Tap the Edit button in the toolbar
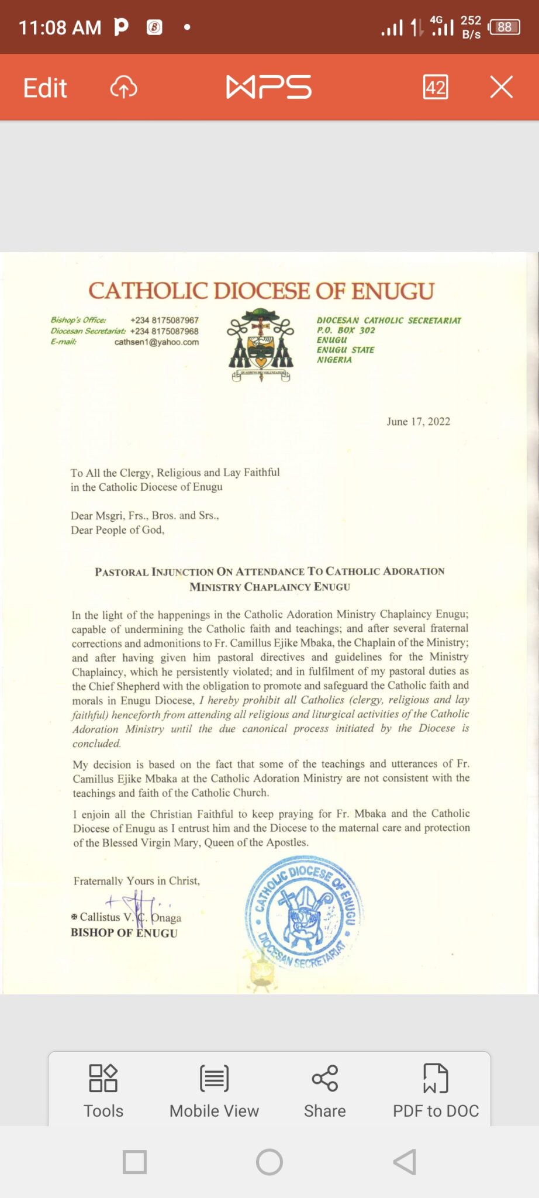click(45, 88)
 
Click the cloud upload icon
click(123, 88)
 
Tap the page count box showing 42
click(436, 87)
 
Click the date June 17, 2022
click(418, 422)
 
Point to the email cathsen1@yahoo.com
click(156, 342)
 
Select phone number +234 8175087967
click(164, 321)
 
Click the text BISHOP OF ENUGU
click(124, 932)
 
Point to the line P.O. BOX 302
click(346, 331)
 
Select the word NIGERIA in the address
click(334, 360)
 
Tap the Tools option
click(103, 1091)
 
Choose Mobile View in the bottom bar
click(214, 1091)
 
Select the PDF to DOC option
click(436, 1091)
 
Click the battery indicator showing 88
click(504, 27)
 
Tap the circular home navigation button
click(269, 1162)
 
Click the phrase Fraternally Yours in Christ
click(137, 881)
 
